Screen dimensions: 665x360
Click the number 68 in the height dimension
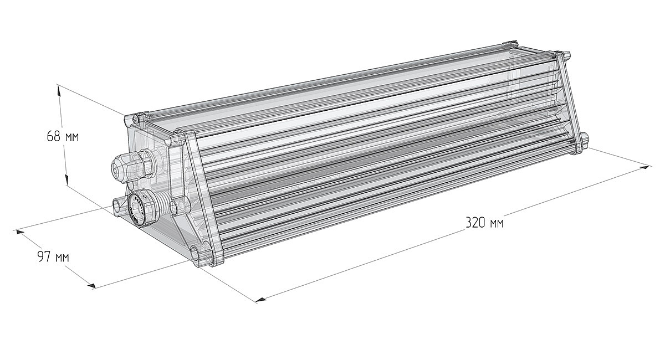click(x=54, y=136)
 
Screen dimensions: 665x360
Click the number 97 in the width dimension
click(x=43, y=256)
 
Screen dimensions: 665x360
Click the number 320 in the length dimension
click(x=475, y=222)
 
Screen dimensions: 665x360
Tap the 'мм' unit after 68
click(x=71, y=138)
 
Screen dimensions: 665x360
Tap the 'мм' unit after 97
click(x=62, y=258)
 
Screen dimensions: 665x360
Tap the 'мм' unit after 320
click(x=497, y=224)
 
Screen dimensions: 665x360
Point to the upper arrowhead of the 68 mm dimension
click(x=59, y=90)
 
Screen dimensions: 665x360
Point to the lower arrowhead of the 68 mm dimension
click(x=67, y=179)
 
